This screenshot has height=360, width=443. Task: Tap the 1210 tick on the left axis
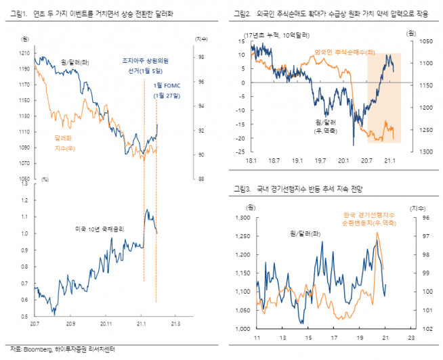[x=25, y=52]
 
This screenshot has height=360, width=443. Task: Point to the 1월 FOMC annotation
[x=167, y=90]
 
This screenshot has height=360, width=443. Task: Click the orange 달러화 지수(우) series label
[x=65, y=142]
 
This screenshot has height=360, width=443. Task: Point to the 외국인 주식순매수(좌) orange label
[x=341, y=51]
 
